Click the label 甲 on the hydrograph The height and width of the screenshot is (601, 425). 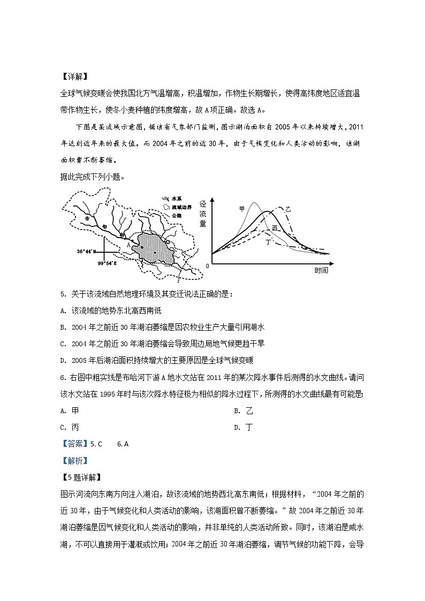241,208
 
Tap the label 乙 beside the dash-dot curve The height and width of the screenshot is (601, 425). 288,209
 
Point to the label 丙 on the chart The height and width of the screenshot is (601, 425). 275,228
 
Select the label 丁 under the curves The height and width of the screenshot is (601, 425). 268,242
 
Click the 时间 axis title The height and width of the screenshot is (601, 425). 321,271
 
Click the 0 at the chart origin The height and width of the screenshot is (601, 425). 207,265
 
